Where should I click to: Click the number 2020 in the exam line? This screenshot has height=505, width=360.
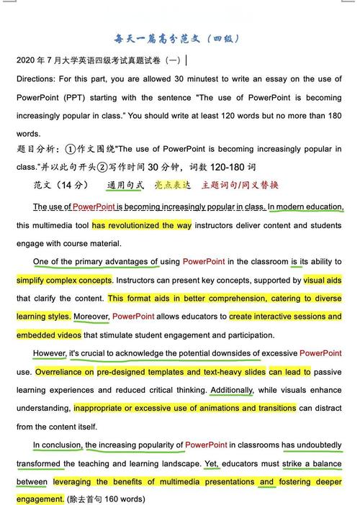(26, 60)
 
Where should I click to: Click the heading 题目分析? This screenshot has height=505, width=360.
(35, 150)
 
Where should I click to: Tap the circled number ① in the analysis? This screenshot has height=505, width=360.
(71, 150)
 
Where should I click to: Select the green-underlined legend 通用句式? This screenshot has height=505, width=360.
(125, 186)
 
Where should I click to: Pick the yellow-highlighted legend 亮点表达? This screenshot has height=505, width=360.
(173, 186)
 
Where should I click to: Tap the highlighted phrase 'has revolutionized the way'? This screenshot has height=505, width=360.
(142, 225)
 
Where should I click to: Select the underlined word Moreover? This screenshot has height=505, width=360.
(91, 317)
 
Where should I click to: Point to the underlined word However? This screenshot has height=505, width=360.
(50, 353)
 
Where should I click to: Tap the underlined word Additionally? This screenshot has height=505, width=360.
(232, 390)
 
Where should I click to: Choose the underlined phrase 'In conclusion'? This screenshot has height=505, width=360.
(57, 445)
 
